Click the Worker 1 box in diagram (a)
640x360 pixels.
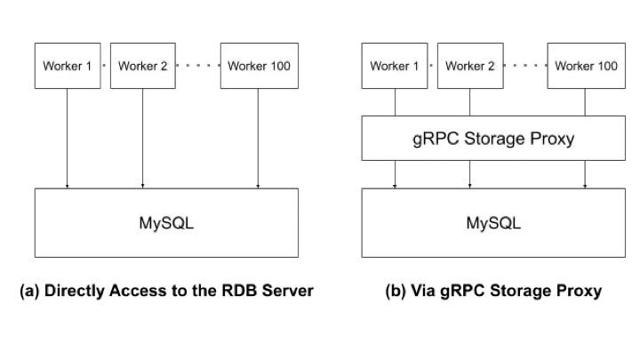point(67,66)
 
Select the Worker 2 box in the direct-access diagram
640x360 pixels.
point(142,66)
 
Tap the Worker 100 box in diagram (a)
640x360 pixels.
point(259,66)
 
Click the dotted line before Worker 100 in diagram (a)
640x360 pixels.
point(197,66)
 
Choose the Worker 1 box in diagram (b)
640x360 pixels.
point(395,66)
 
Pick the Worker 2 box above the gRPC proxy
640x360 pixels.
point(470,66)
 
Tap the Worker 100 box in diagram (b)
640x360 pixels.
point(586,66)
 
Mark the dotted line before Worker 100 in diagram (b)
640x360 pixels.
point(525,66)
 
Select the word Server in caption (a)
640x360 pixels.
point(289,291)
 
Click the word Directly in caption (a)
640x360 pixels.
point(76,291)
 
